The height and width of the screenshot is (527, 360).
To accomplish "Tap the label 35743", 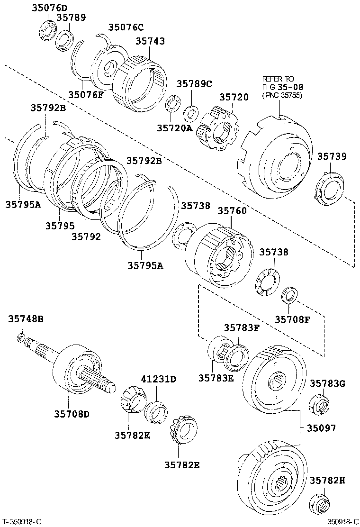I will pyautogui.click(x=150, y=41).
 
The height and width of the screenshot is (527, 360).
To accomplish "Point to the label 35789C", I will pyautogui.click(x=194, y=84).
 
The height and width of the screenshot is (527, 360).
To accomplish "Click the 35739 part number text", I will pyautogui.click(x=332, y=156).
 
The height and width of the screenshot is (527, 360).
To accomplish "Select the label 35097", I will pyautogui.click(x=321, y=428).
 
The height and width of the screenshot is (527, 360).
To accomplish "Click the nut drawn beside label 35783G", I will pyautogui.click(x=320, y=404).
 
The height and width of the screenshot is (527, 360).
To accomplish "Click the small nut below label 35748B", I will pyautogui.click(x=21, y=337).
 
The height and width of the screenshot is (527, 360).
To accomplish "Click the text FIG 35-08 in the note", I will pyautogui.click(x=283, y=87).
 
